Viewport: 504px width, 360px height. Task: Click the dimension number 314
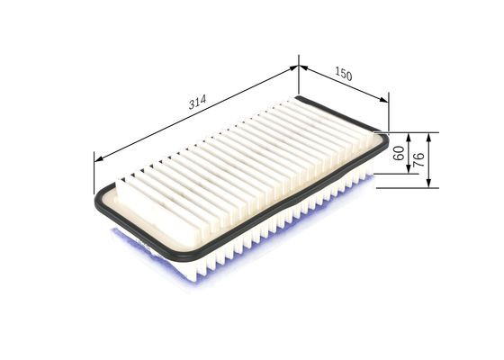(195, 102)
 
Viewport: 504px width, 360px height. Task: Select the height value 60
(399, 153)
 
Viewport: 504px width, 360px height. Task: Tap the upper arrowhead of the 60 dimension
(409, 136)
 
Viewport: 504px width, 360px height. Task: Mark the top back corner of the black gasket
(299, 97)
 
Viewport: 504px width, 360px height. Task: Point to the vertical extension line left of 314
(94, 171)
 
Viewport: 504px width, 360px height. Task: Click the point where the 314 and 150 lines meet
(297, 65)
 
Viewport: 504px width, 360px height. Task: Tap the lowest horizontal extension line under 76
(405, 188)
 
